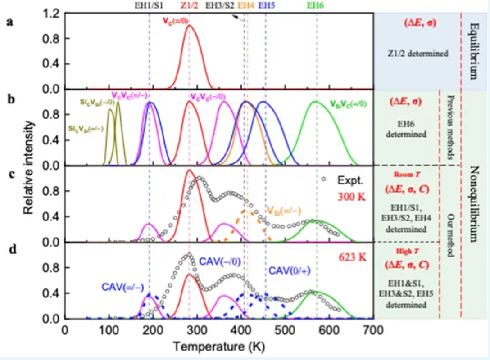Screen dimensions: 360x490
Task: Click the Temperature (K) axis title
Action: pyautogui.click(x=218, y=347)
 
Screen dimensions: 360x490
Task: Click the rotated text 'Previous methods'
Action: pyautogui.click(x=450, y=127)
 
